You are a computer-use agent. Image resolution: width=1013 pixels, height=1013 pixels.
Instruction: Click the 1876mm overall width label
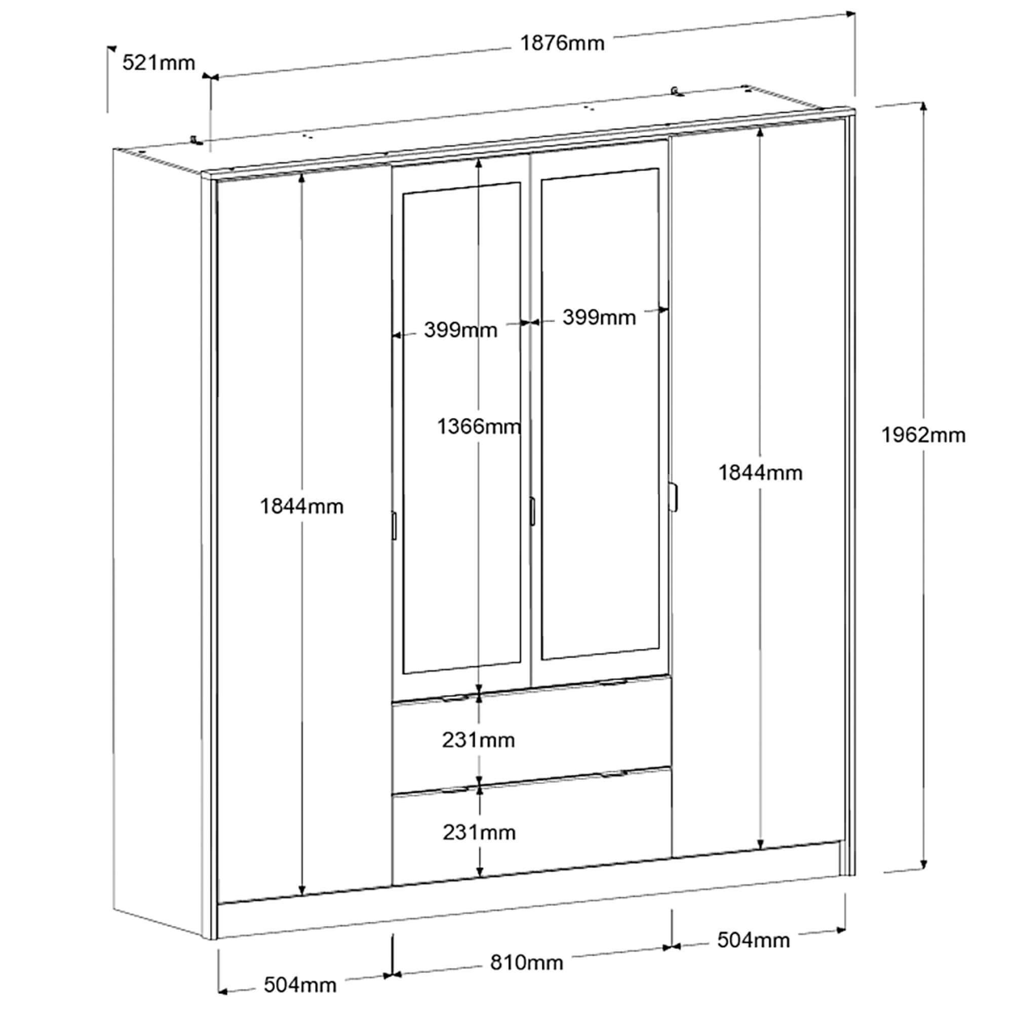pyautogui.click(x=562, y=43)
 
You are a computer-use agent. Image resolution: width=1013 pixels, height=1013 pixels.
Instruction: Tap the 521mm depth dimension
pyautogui.click(x=159, y=63)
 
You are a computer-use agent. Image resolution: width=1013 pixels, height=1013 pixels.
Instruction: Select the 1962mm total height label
pyautogui.click(x=923, y=435)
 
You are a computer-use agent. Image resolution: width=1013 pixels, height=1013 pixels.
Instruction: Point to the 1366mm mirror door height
pyautogui.click(x=479, y=427)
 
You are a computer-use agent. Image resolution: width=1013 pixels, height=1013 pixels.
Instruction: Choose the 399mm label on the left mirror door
pyautogui.click(x=460, y=330)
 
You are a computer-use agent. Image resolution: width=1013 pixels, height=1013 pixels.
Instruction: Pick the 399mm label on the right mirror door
pyautogui.click(x=599, y=317)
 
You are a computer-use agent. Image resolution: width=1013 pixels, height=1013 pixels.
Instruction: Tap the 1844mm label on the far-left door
pyautogui.click(x=302, y=506)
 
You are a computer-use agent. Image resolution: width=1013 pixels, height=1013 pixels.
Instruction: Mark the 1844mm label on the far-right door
pyautogui.click(x=760, y=473)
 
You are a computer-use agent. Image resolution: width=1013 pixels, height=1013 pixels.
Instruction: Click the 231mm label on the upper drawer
pyautogui.click(x=478, y=741)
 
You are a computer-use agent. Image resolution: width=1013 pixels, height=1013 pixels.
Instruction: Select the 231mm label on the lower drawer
pyautogui.click(x=479, y=833)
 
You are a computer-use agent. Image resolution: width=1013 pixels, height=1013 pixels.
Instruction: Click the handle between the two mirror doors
pyautogui.click(x=532, y=511)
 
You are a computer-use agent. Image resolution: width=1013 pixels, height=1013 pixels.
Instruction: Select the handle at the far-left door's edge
pyautogui.click(x=394, y=525)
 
